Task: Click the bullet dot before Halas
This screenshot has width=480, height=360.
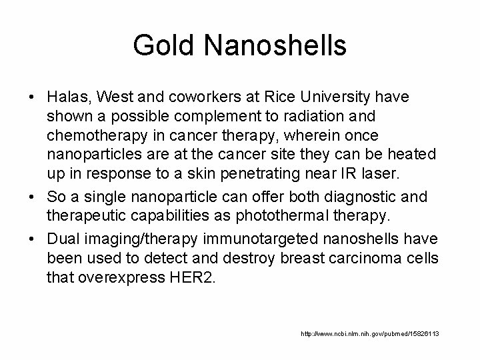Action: [32, 98]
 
